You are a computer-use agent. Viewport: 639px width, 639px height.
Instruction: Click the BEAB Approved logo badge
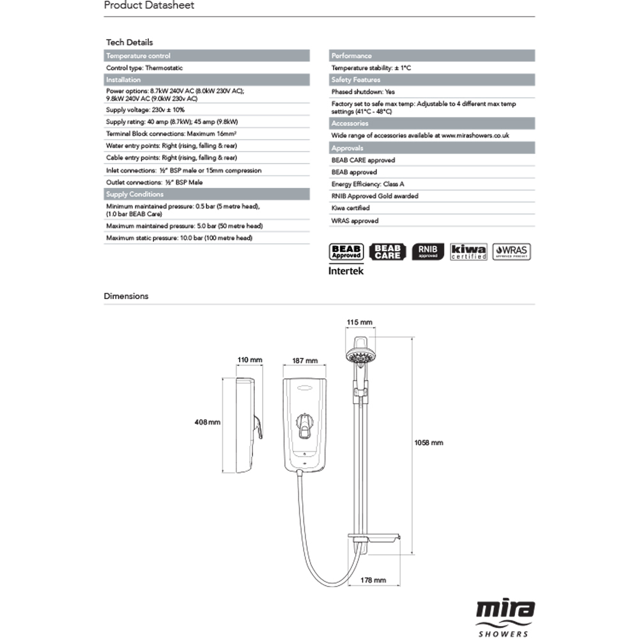click(x=346, y=252)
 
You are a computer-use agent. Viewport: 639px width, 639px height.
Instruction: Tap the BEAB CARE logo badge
click(x=387, y=252)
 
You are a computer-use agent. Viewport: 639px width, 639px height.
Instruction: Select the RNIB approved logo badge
click(x=427, y=252)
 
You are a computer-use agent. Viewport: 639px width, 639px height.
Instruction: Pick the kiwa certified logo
click(x=468, y=252)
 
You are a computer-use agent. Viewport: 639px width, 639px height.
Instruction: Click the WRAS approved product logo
click(x=511, y=252)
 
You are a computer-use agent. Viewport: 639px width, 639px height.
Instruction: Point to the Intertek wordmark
click(x=346, y=271)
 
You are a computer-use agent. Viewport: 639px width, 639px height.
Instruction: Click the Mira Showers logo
click(x=504, y=617)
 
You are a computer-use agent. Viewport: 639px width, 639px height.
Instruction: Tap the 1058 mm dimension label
click(x=428, y=442)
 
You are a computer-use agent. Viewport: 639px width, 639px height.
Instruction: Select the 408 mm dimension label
click(x=208, y=422)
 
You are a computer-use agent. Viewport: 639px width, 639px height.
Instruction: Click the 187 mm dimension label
click(x=305, y=360)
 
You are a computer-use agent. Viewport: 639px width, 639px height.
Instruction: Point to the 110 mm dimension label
click(x=250, y=360)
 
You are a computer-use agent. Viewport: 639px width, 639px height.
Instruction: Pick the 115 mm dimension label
click(x=359, y=321)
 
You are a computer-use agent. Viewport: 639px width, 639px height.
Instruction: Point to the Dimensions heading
click(x=127, y=296)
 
